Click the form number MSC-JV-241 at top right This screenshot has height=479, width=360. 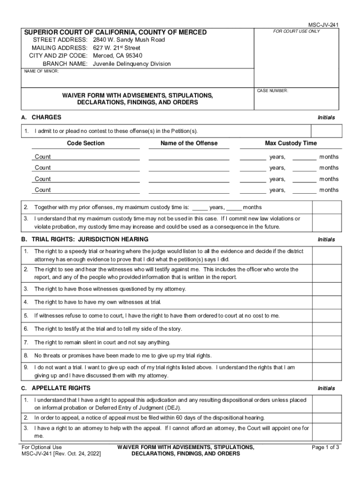tap(323, 24)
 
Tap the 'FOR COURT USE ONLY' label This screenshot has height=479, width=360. tap(296, 31)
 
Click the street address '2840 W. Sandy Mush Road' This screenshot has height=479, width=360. tap(129, 40)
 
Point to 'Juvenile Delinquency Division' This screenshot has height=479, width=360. tap(132, 64)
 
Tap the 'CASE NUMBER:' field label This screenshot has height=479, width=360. tap(273, 90)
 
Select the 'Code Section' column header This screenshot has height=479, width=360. tap(86, 143)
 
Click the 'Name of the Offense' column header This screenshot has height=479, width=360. tap(189, 143)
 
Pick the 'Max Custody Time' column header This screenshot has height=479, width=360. tap(291, 143)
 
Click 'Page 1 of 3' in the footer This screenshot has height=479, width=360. tap(325, 447)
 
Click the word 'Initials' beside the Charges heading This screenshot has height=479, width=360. tap(326, 117)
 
